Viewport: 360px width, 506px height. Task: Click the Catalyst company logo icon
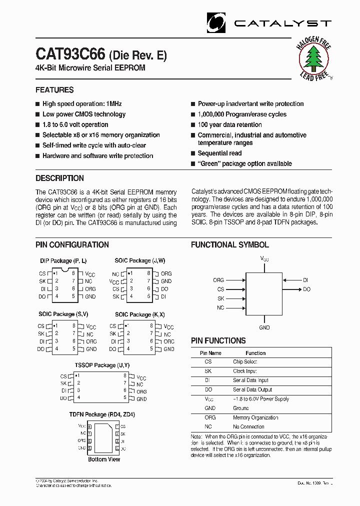click(217, 22)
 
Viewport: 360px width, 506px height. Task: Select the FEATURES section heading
click(54, 90)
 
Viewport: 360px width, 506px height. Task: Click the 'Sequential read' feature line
click(219, 153)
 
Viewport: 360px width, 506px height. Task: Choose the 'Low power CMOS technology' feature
click(84, 114)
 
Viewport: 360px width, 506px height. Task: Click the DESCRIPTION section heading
click(59, 178)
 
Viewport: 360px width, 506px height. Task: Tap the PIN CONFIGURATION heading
click(72, 244)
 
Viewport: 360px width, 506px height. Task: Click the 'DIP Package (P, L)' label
click(63, 261)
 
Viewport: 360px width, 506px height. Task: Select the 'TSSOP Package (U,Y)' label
click(95, 365)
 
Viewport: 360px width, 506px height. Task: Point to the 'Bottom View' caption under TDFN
click(104, 459)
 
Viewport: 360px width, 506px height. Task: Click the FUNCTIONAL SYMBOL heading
click(230, 244)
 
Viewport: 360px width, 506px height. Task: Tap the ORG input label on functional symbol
click(218, 280)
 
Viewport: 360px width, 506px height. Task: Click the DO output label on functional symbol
click(306, 289)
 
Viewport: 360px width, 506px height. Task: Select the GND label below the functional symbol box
click(264, 327)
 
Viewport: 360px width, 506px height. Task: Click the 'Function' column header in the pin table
click(255, 353)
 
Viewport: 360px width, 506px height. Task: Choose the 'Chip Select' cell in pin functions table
click(245, 361)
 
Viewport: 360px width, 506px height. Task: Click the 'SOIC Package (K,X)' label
click(139, 314)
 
